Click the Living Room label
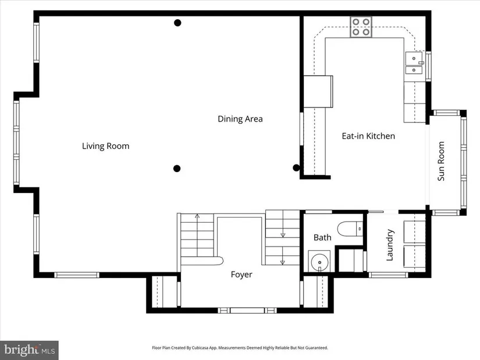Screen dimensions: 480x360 tap(106, 146)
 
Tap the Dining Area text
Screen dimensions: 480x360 tap(240, 119)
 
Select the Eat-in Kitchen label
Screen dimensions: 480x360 tap(368, 136)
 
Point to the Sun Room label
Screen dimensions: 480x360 tap(441, 161)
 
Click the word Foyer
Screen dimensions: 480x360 tap(241, 275)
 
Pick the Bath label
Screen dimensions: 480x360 tap(322, 237)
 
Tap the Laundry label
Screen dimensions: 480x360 tap(389, 245)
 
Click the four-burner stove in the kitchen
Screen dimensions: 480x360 tap(361, 27)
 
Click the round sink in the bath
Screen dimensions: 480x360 tap(319, 262)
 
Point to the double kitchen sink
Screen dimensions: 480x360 tap(414, 63)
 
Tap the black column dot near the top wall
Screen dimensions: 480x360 tap(177, 23)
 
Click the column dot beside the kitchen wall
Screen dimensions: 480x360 tap(296, 167)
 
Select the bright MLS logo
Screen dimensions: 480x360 tap(29, 350)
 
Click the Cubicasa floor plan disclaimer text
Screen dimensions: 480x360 tap(240, 348)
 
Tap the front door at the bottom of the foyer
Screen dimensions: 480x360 tap(247, 311)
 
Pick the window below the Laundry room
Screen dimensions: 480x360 tap(388, 275)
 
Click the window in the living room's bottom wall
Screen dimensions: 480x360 tap(77, 275)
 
